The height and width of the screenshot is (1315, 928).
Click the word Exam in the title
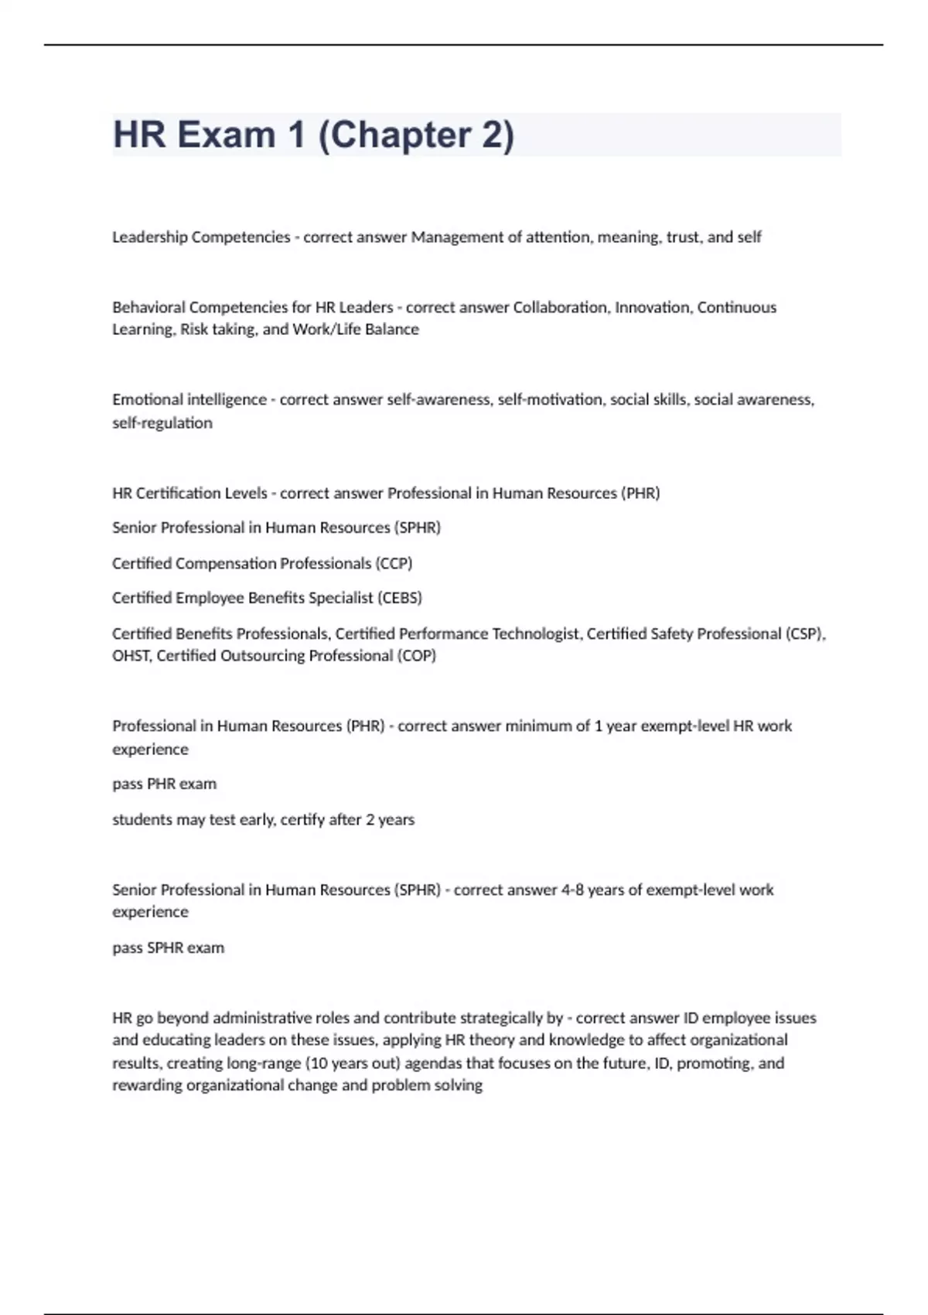click(227, 135)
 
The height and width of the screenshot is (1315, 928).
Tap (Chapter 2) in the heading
click(416, 135)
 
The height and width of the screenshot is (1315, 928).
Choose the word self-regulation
click(162, 423)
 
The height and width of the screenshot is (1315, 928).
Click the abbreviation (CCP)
click(394, 563)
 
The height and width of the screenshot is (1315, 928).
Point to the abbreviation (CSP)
click(805, 634)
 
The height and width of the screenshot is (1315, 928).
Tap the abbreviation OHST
click(131, 656)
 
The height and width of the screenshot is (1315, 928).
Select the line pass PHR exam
click(164, 784)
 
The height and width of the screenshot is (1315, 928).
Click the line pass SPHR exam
click(168, 948)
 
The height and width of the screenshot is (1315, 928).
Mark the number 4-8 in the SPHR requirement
click(572, 890)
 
